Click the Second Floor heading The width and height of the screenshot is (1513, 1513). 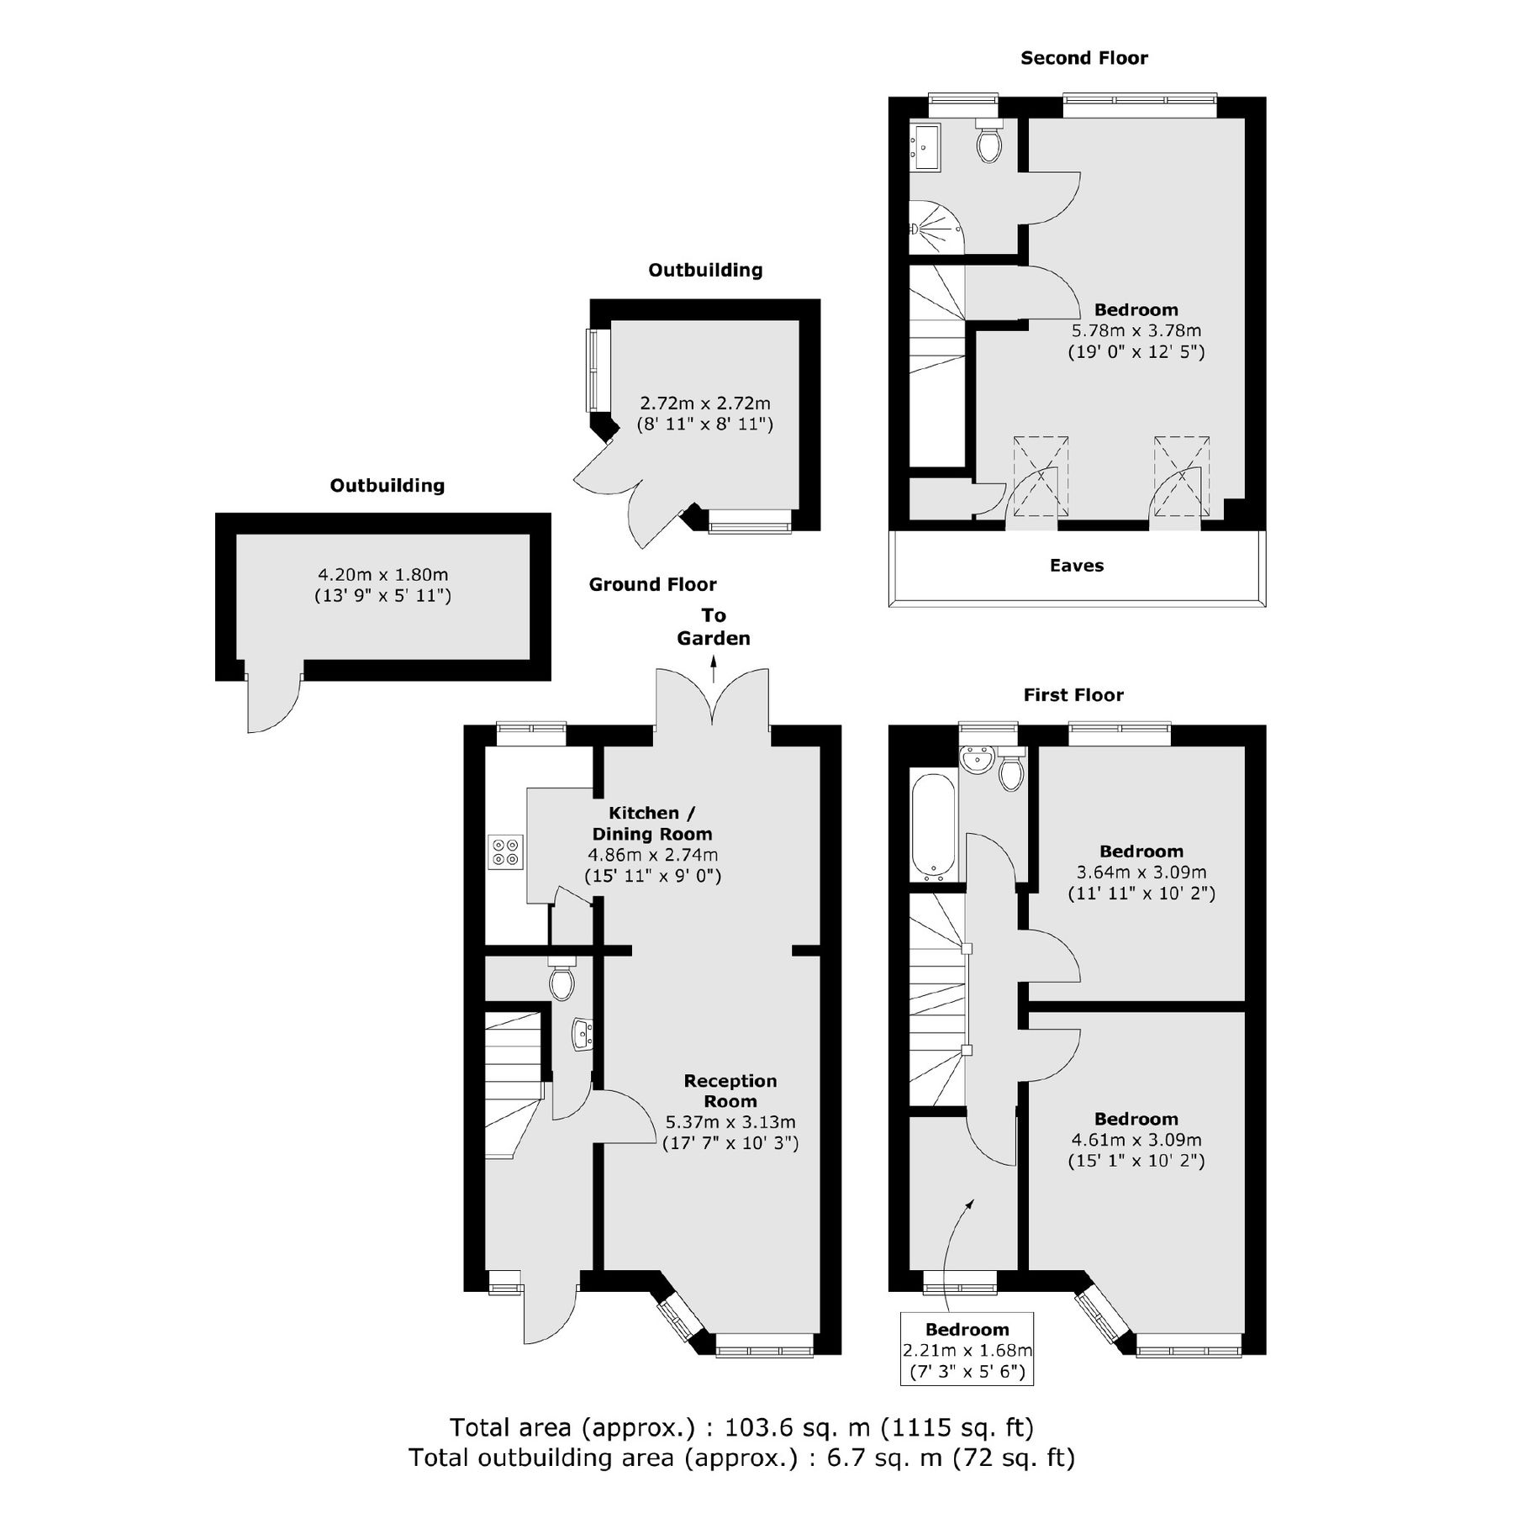pos(1083,58)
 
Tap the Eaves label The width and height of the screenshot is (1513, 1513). pos(1076,566)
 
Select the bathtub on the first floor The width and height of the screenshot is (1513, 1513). pos(933,826)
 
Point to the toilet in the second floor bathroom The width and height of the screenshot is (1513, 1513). pos(988,143)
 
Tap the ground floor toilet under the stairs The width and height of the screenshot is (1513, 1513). pos(561,980)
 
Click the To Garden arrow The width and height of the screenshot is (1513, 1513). pos(714,670)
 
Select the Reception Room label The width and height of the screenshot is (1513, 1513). pos(730,1091)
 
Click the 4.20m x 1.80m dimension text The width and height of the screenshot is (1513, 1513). pos(382,575)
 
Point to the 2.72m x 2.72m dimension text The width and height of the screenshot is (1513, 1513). pos(704,403)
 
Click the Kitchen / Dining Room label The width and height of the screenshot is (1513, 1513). pos(651,824)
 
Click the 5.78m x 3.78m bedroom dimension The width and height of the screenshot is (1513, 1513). pos(1136,331)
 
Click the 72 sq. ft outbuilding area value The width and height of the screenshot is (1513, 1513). pos(1013,1457)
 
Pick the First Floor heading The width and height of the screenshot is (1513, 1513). pos(1073,695)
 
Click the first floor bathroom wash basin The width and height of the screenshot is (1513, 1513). pos(977,760)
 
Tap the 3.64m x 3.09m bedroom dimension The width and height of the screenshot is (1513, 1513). pos(1141,872)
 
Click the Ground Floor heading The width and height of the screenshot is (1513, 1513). pos(652,584)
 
